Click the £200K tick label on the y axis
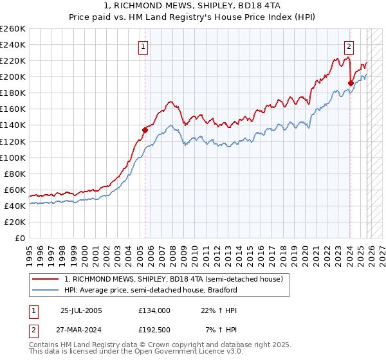point(13,76)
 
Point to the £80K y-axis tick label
point(15,174)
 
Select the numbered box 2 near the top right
point(349,46)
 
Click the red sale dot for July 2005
point(145,130)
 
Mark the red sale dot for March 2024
point(351,82)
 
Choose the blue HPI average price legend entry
point(151,290)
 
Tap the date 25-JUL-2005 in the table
point(81,310)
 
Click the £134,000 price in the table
point(154,310)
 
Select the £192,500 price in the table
point(154,330)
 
